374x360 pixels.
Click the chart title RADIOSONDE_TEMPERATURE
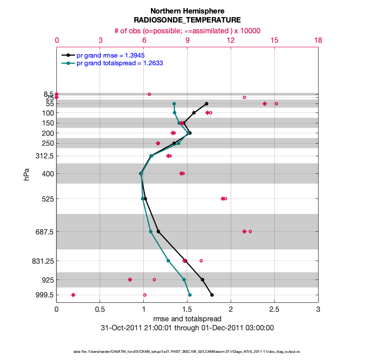(x=187, y=20)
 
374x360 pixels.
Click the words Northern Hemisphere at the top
(x=187, y=11)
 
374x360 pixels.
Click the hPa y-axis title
(x=26, y=175)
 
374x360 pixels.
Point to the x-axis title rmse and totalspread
(x=187, y=319)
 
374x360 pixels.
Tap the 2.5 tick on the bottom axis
(x=274, y=310)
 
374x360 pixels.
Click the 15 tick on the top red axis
(x=274, y=40)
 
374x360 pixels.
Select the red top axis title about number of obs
(x=187, y=31)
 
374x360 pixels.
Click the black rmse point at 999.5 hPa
(x=212, y=295)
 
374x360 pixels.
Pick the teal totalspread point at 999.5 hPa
(x=190, y=295)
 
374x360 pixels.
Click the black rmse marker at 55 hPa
(x=206, y=104)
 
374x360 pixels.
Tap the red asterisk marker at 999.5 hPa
(x=73, y=295)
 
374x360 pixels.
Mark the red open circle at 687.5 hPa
(x=250, y=232)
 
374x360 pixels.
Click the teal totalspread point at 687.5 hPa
(x=151, y=232)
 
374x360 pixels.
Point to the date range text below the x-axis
(x=187, y=328)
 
